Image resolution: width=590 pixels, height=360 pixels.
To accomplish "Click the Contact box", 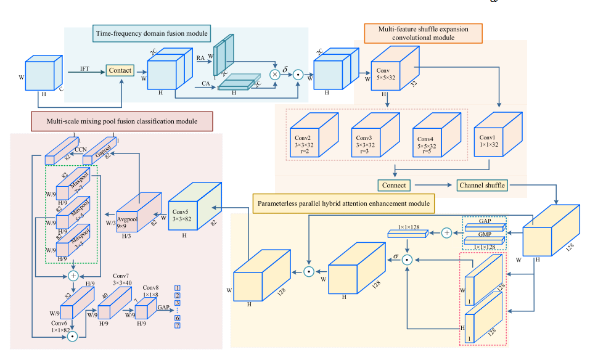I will coord(120,71).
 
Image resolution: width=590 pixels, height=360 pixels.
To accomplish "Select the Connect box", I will coord(395,185).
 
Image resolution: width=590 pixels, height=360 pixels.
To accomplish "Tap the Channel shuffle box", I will coord(481,185).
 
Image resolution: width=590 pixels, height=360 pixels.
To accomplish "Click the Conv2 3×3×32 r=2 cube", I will coord(308,141).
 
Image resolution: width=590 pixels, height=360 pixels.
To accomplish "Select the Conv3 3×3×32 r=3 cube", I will coord(370,141).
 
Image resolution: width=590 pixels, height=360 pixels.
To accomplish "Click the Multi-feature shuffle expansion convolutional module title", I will coord(423,33).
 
